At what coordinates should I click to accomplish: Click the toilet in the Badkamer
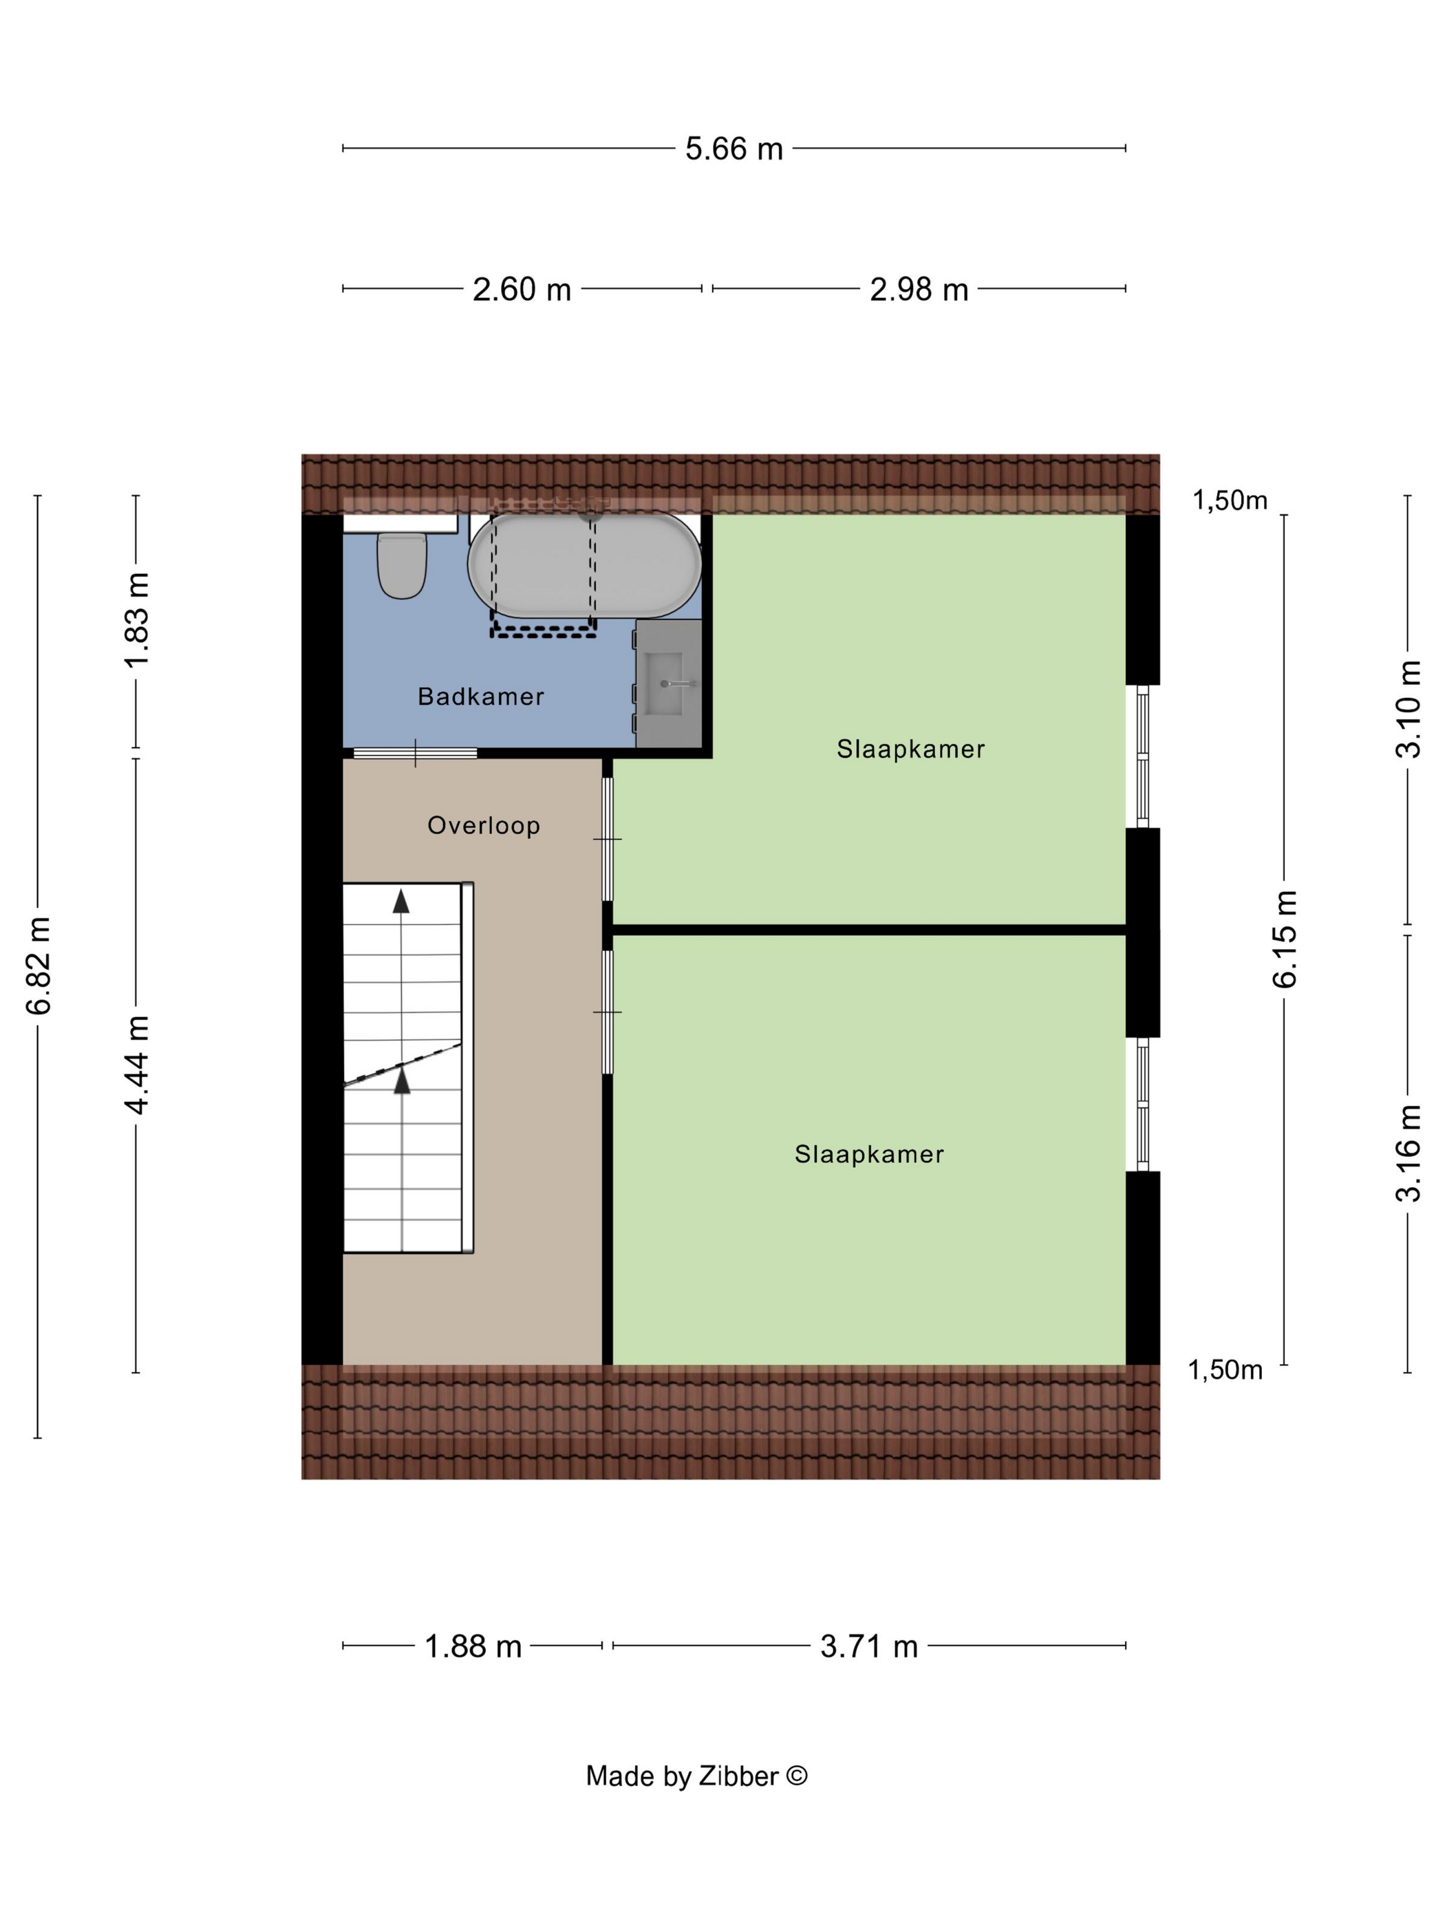pyautogui.click(x=402, y=564)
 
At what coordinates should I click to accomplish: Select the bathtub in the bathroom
pyautogui.click(x=584, y=564)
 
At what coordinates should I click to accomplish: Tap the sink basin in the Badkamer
pyautogui.click(x=668, y=684)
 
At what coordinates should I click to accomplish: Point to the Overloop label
pyautogui.click(x=484, y=825)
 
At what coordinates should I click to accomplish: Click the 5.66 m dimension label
pyautogui.click(x=734, y=149)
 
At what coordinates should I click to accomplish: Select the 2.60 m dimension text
pyautogui.click(x=522, y=289)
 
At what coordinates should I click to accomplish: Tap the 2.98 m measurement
pyautogui.click(x=919, y=289)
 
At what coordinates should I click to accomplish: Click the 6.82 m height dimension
pyautogui.click(x=39, y=966)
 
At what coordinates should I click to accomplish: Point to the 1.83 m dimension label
pyautogui.click(x=137, y=620)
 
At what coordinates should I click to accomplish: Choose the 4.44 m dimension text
pyautogui.click(x=137, y=1065)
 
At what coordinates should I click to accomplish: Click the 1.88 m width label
pyautogui.click(x=473, y=1646)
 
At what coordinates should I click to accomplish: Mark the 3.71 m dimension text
pyautogui.click(x=869, y=1646)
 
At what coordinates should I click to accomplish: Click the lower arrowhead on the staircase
pyautogui.click(x=402, y=1081)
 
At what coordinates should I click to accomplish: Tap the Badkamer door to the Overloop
pyautogui.click(x=415, y=753)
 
